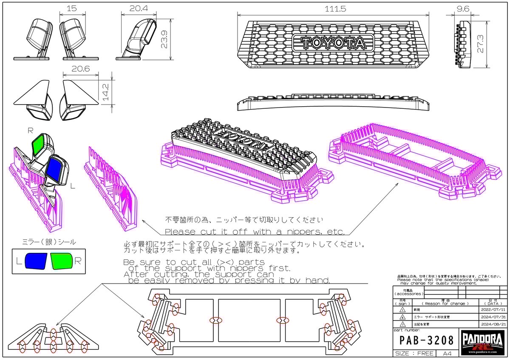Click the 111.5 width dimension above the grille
click(332, 8)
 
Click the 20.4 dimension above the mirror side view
click(136, 8)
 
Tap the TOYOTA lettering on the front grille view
click(332, 43)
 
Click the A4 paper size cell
click(447, 354)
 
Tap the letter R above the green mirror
click(30, 131)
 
